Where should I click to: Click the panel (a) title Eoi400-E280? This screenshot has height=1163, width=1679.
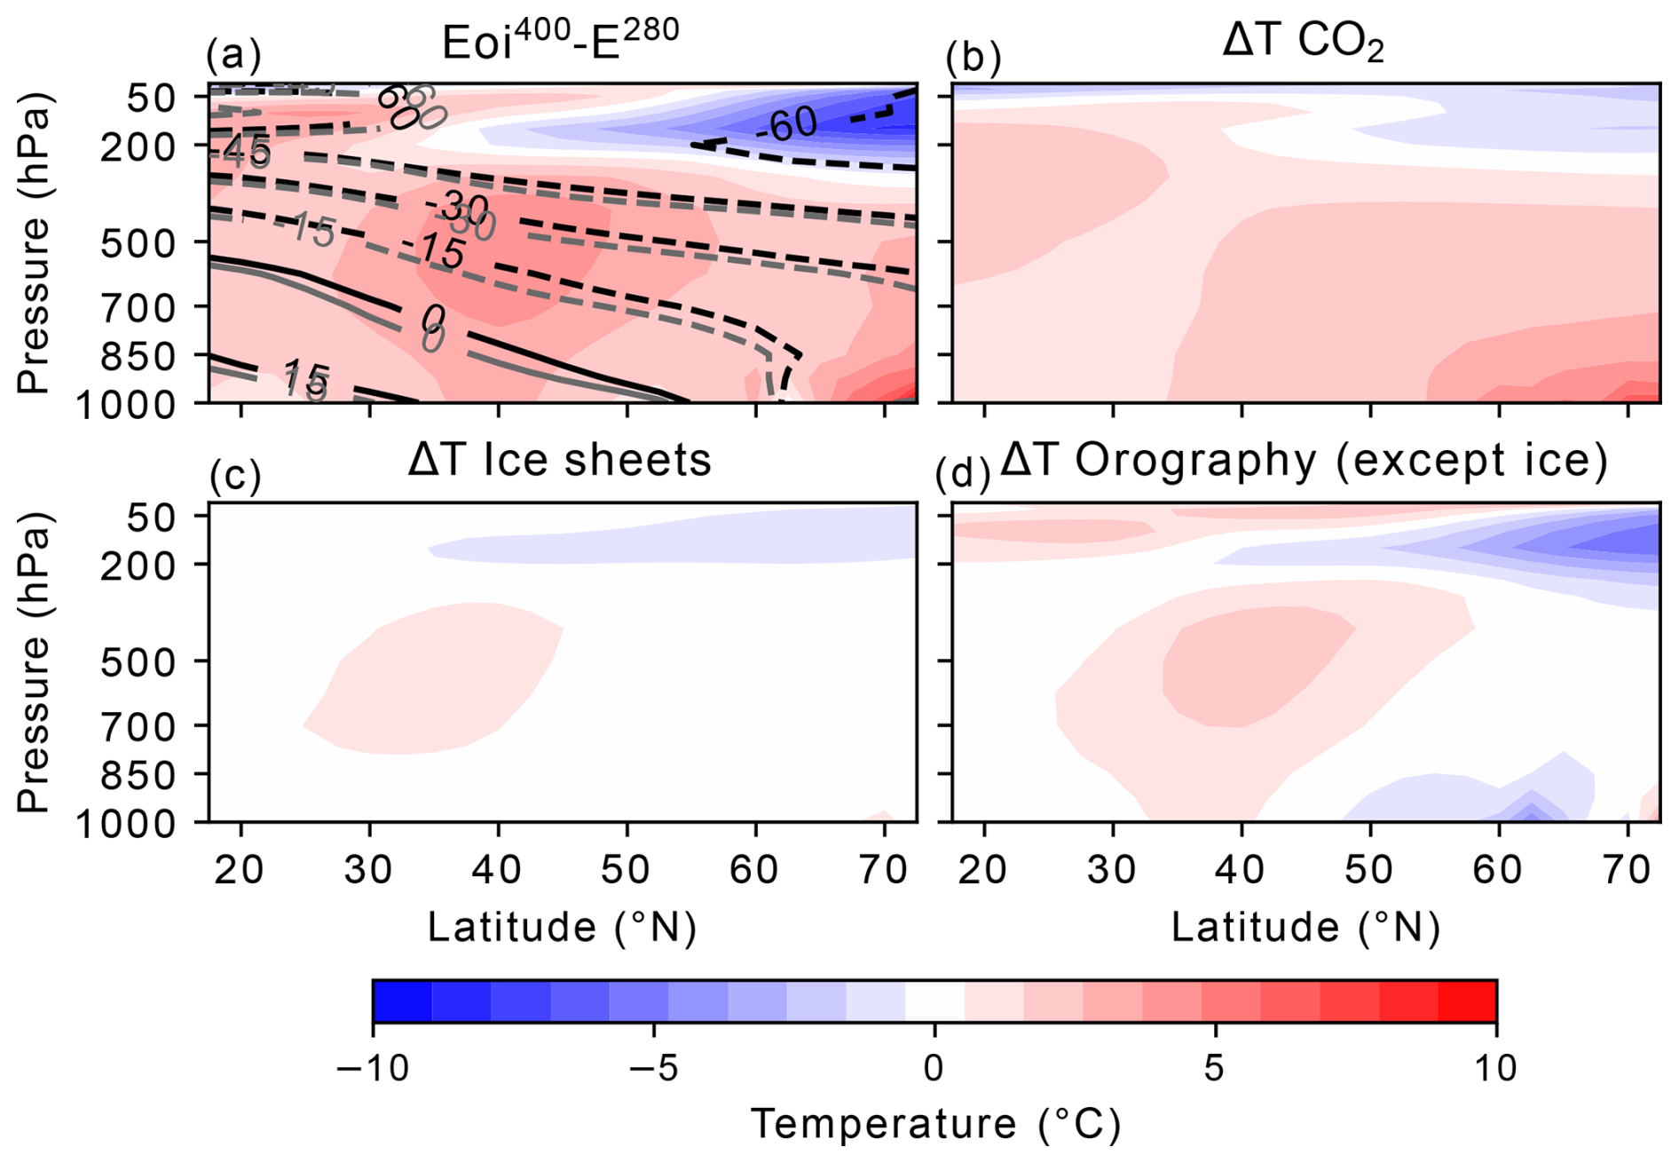pos(561,40)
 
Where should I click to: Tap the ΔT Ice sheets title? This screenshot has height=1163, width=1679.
pos(560,460)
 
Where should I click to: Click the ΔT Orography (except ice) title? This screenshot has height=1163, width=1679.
pos(1304,460)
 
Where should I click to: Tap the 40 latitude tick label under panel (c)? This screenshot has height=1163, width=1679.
pos(497,870)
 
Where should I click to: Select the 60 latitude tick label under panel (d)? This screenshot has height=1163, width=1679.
pos(1498,870)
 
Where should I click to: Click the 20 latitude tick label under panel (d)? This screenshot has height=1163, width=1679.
pos(983,870)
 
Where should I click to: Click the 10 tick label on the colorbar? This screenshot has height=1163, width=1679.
pos(1495,1068)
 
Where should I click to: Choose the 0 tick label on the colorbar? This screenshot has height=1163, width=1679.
pos(934,1068)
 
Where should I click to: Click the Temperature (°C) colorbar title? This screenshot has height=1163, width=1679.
pos(935,1124)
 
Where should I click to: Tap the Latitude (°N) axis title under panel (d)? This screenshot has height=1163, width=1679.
pos(1305,928)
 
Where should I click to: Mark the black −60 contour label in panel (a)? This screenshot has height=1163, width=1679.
pos(786,125)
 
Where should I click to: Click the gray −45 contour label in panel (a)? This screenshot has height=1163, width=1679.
pos(241,154)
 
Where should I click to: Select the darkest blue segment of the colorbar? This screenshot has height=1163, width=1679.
pos(402,1001)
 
